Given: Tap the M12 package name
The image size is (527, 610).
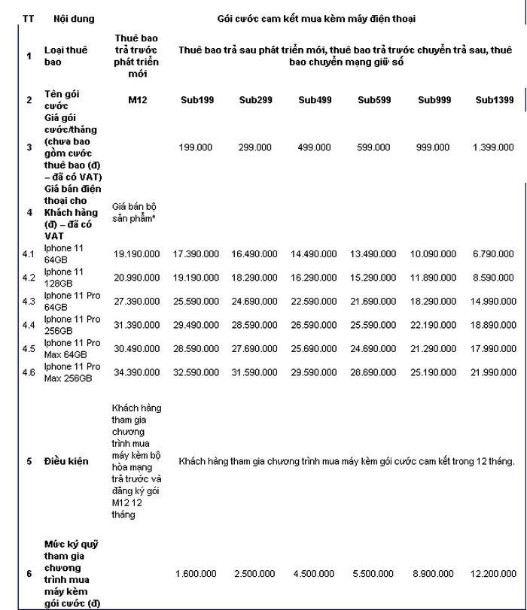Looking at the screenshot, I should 136,100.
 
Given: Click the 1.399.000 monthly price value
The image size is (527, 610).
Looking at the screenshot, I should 494,147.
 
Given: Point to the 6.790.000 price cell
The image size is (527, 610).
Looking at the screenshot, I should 494,255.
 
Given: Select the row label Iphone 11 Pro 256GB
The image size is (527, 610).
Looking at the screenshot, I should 72,325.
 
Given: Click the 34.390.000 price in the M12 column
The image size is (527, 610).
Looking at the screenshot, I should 136,372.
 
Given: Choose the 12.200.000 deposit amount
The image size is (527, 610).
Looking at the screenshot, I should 494,574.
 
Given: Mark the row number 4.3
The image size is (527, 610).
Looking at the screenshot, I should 29,302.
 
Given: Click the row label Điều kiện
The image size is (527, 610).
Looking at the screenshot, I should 66,461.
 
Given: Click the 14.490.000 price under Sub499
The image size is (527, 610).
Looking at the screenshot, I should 315,255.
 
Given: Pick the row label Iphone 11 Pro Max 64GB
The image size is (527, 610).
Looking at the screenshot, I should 72,348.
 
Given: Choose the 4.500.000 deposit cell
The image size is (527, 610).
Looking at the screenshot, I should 315,574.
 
